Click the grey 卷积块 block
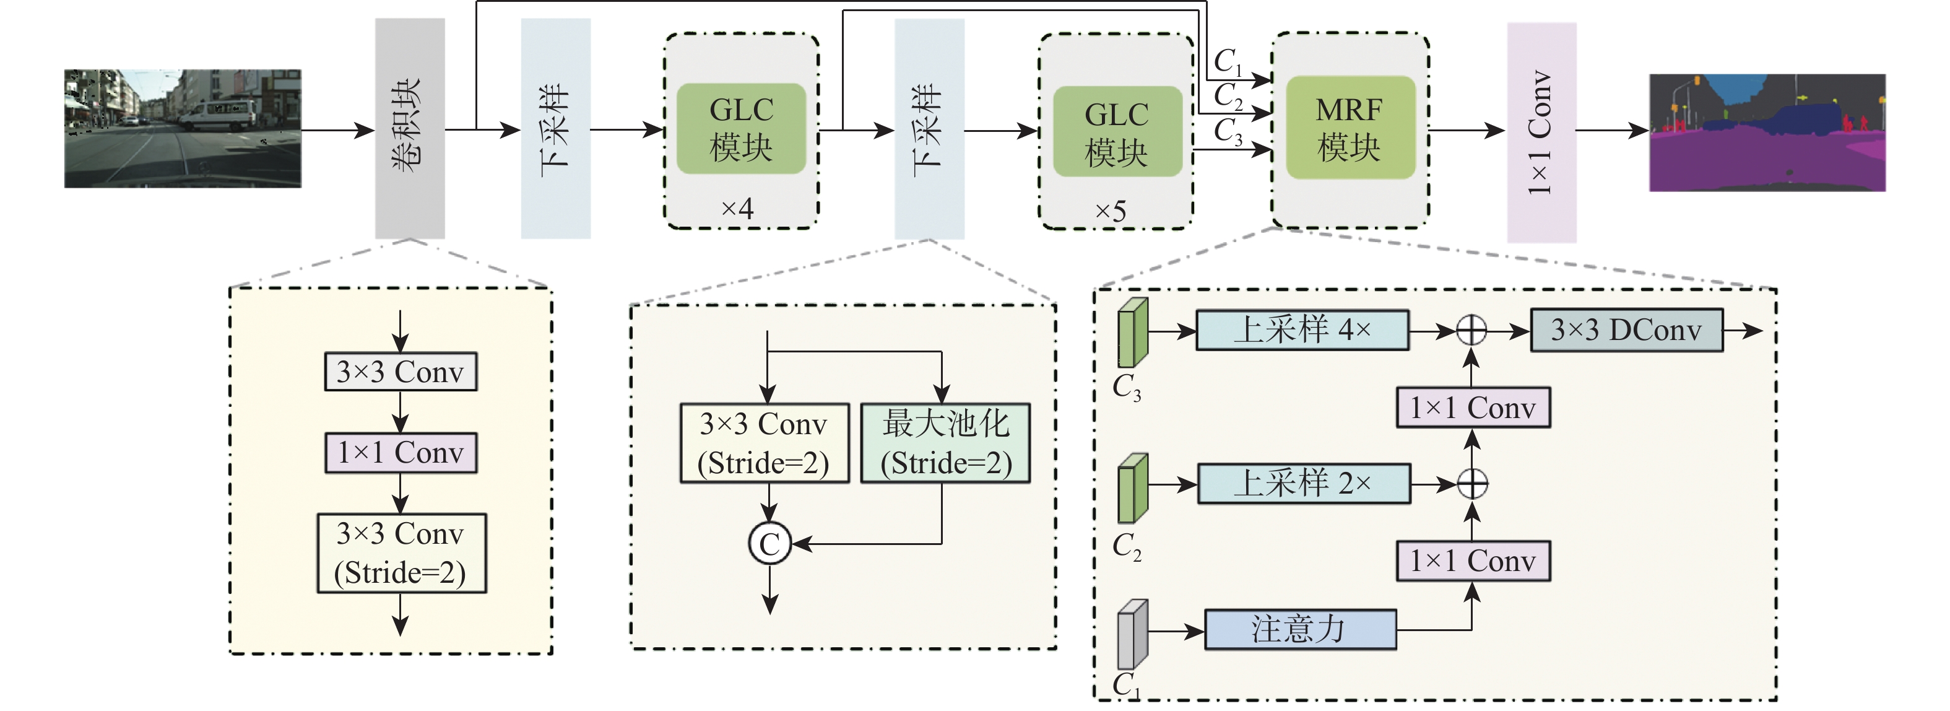coord(410,129)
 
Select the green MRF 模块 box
coord(1350,128)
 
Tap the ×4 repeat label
coord(737,208)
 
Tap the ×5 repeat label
coord(1111,211)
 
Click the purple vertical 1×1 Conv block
coord(1541,133)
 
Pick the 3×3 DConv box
coord(1627,330)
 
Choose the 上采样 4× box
coord(1302,330)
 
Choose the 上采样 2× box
coord(1304,484)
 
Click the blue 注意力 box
coord(1300,629)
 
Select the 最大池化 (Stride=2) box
coord(945,443)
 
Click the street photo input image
coord(183,129)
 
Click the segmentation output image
coord(1767,133)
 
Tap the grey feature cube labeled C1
coord(1132,635)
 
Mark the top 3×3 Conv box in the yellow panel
coord(401,372)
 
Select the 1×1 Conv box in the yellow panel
coord(401,453)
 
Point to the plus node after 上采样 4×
coord(1471,330)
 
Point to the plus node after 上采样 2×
coord(1472,484)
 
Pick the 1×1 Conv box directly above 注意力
coord(1472,561)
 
